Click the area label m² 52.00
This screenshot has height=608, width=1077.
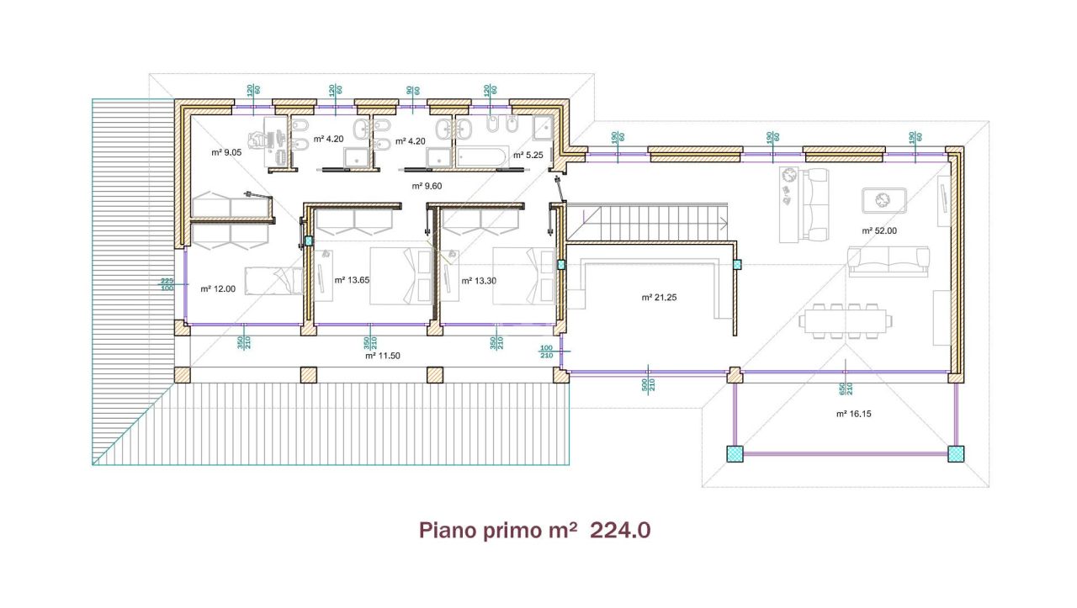click(878, 230)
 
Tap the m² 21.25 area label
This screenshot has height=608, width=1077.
click(658, 298)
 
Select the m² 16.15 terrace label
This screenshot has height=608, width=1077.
click(853, 414)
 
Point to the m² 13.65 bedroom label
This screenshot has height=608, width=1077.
click(351, 280)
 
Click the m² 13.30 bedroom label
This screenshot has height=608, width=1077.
click(479, 280)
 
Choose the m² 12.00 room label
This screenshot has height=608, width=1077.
click(217, 288)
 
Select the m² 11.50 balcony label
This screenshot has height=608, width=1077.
click(382, 356)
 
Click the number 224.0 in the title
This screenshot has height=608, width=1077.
click(620, 531)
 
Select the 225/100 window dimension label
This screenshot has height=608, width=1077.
click(167, 284)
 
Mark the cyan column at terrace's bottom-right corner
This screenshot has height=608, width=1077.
click(956, 453)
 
